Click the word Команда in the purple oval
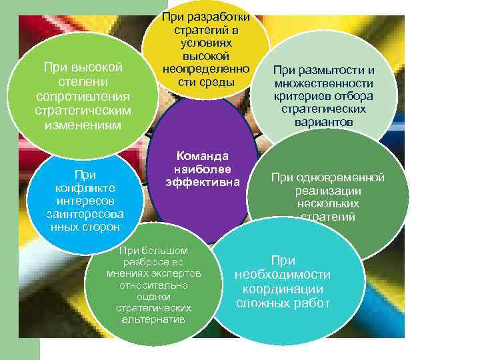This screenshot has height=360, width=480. [x=202, y=155]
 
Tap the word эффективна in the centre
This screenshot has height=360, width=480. [x=202, y=181]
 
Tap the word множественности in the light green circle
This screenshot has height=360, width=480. [x=323, y=83]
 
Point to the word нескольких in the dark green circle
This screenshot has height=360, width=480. [x=328, y=203]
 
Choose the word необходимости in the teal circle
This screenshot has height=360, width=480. [x=283, y=275]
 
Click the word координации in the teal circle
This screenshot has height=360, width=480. [x=283, y=289]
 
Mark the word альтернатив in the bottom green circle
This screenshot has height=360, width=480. [x=153, y=319]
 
